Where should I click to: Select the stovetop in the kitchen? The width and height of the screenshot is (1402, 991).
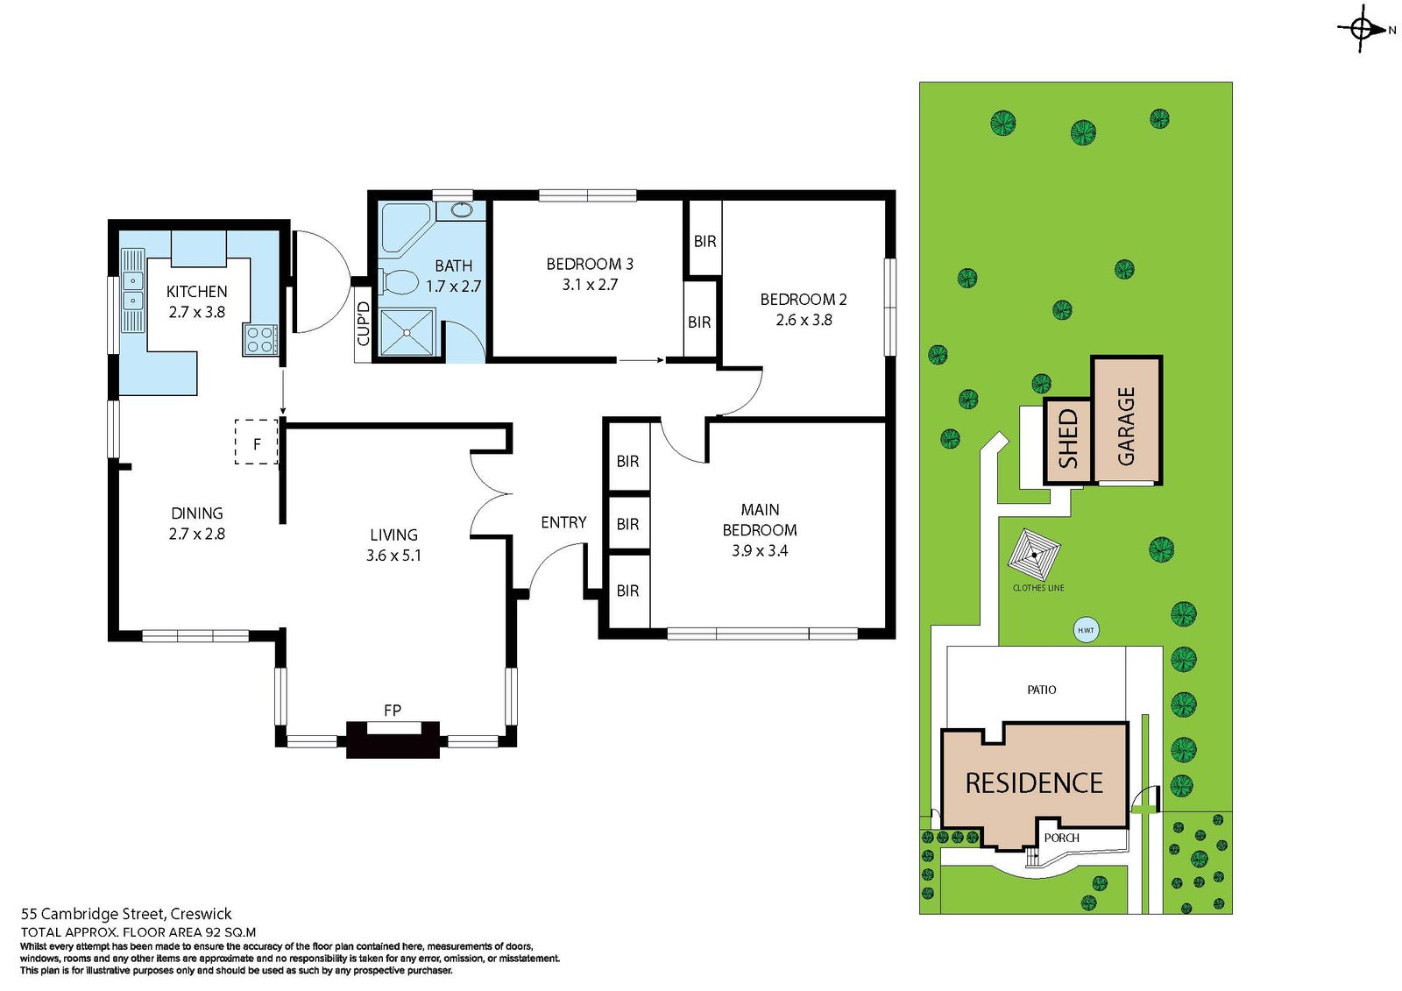point(261,340)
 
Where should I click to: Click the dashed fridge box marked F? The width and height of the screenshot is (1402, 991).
point(257,442)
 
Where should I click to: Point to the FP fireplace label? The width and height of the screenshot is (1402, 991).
point(393,711)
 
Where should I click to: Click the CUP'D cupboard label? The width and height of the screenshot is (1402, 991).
point(363,323)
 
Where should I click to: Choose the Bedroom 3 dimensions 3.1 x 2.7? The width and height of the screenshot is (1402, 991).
point(590,285)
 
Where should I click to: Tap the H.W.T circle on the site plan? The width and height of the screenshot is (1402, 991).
point(1086,630)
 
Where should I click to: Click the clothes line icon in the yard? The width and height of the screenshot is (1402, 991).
point(1034,554)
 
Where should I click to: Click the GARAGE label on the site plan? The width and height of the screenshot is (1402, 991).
point(1126,427)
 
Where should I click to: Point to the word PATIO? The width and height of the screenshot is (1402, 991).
point(1042,690)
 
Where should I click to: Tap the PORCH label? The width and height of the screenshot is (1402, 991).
point(1061,838)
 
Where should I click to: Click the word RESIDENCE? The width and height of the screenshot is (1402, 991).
point(1034,783)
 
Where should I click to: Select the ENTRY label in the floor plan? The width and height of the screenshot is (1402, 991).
point(563,522)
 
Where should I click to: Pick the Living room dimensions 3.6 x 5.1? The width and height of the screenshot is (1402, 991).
point(393,556)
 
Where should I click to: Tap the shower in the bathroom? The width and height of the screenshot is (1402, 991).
point(407,332)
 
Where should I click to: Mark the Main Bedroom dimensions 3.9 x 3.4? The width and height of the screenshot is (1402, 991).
point(760,551)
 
